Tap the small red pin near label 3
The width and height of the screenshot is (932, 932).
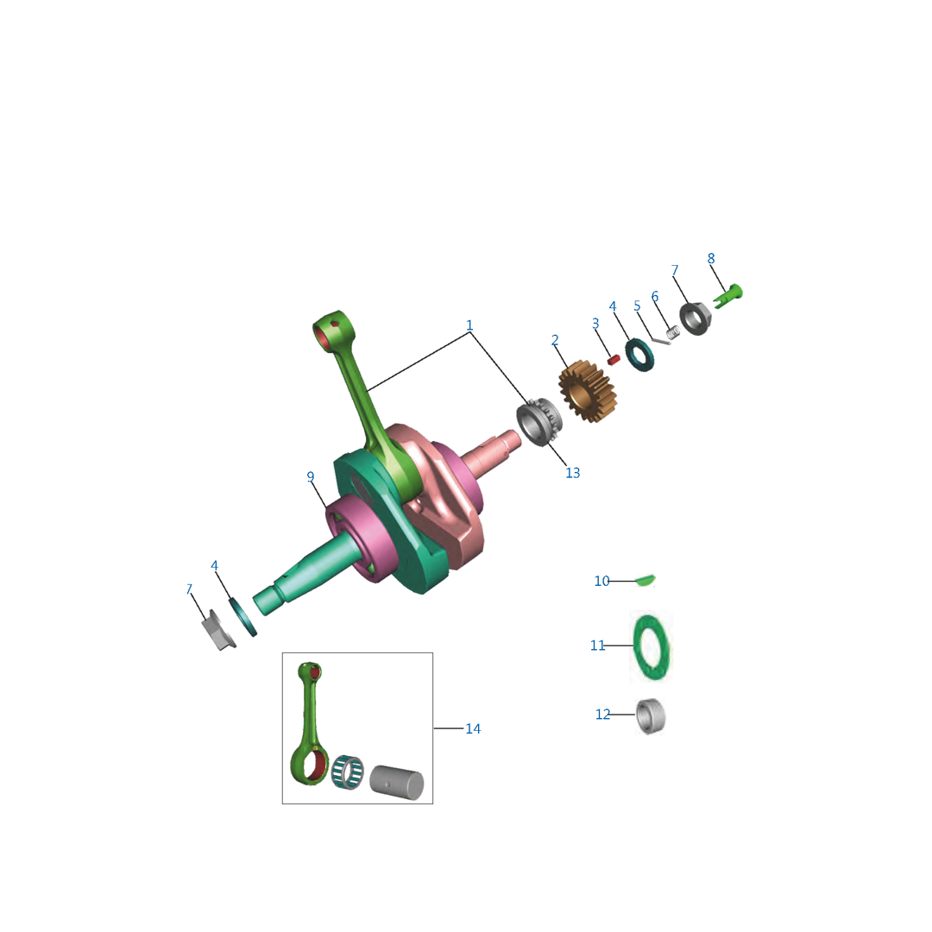click(614, 360)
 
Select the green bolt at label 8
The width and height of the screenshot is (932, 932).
click(728, 295)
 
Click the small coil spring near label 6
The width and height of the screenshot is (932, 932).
click(672, 334)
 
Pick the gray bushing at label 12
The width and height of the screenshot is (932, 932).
click(651, 716)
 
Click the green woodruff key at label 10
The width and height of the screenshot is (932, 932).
click(645, 580)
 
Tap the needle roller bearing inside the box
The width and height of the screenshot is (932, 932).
click(347, 772)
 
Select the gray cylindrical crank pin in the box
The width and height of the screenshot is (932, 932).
click(397, 782)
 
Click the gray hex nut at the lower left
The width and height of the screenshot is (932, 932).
click(218, 630)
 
